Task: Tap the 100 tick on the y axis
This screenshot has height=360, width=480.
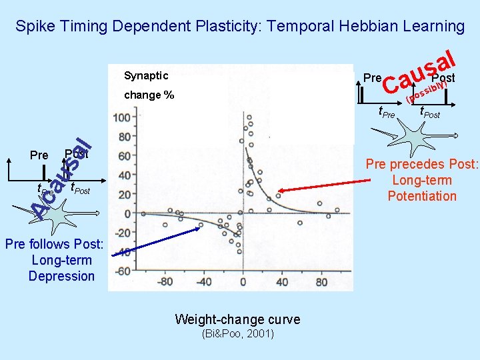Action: (x=122, y=118)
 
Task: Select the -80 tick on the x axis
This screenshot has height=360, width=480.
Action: (x=164, y=282)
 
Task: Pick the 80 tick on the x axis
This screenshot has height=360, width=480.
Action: (x=321, y=282)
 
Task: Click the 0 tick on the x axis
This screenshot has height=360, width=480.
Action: (x=243, y=282)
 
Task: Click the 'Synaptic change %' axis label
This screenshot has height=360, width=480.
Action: (x=149, y=85)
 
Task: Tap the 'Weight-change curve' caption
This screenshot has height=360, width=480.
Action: (x=237, y=319)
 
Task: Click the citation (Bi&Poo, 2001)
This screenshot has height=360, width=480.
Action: (x=237, y=333)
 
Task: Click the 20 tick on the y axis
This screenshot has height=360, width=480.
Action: (x=124, y=195)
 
